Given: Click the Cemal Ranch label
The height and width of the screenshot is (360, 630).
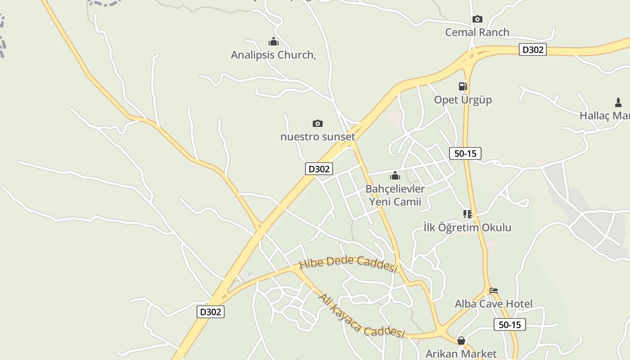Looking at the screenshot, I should (x=477, y=32).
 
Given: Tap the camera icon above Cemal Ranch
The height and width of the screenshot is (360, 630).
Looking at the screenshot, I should (x=477, y=19).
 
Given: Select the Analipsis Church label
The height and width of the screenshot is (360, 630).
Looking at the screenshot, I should (x=273, y=55).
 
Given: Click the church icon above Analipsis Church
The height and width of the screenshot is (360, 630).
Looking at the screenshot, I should (x=273, y=42).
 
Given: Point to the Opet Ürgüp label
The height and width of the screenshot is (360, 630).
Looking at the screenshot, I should (x=463, y=99).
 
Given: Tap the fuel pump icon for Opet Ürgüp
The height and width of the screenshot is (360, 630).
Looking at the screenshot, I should (x=463, y=86).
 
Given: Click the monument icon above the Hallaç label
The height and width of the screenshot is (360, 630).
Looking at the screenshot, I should (x=618, y=103).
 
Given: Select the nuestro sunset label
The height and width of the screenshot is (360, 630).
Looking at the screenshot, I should (x=318, y=136).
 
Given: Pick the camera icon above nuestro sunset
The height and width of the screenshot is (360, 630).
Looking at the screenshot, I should (x=318, y=123).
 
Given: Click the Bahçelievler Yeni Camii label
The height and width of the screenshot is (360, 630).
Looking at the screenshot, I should (x=395, y=195).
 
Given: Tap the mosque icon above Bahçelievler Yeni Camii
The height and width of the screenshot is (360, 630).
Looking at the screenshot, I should (x=395, y=175).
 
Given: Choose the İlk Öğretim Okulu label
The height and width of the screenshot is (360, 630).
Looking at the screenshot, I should (x=468, y=227).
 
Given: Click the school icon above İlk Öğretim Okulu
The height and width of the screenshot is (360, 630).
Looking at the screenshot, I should (x=468, y=214).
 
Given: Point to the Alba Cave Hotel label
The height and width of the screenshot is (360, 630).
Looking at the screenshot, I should (x=493, y=304).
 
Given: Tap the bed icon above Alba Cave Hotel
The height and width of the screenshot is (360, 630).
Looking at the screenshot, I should (x=493, y=291).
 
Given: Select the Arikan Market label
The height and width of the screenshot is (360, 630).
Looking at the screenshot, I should (x=461, y=353).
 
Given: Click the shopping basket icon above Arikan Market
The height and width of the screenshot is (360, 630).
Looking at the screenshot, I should (x=461, y=341).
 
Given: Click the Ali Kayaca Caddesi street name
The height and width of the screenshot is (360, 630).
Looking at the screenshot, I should (x=361, y=316).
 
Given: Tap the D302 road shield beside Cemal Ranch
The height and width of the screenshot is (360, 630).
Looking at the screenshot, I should (x=533, y=49).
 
